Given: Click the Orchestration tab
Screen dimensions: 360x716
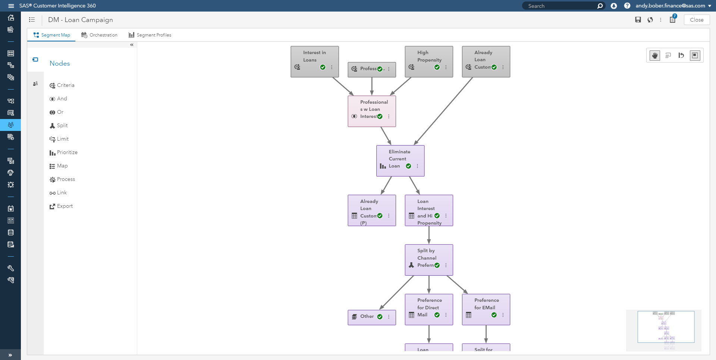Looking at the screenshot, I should (x=100, y=35).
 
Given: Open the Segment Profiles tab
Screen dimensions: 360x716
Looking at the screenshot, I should (x=150, y=35).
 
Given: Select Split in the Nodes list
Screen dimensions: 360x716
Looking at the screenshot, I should (x=62, y=125).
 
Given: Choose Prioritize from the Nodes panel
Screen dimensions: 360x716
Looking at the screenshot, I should (x=67, y=152).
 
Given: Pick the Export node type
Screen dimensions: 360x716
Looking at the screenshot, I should (x=65, y=206).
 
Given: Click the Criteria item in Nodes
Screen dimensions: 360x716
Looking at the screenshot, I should (x=65, y=85).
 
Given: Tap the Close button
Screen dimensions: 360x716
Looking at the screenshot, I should (x=696, y=20).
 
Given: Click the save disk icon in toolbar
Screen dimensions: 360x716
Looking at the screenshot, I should (x=638, y=20).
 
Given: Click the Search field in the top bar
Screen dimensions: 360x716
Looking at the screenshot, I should (x=559, y=6).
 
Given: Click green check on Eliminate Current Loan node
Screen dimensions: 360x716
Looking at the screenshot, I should (x=408, y=166).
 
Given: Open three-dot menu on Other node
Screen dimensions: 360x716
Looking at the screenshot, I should (x=389, y=317).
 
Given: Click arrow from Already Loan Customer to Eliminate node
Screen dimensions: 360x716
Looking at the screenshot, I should (x=444, y=111).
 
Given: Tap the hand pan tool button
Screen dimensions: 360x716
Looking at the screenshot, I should (x=655, y=56).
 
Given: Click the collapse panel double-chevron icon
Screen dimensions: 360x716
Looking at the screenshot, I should (x=132, y=45).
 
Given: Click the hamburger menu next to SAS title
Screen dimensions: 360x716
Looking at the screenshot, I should (x=11, y=6).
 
